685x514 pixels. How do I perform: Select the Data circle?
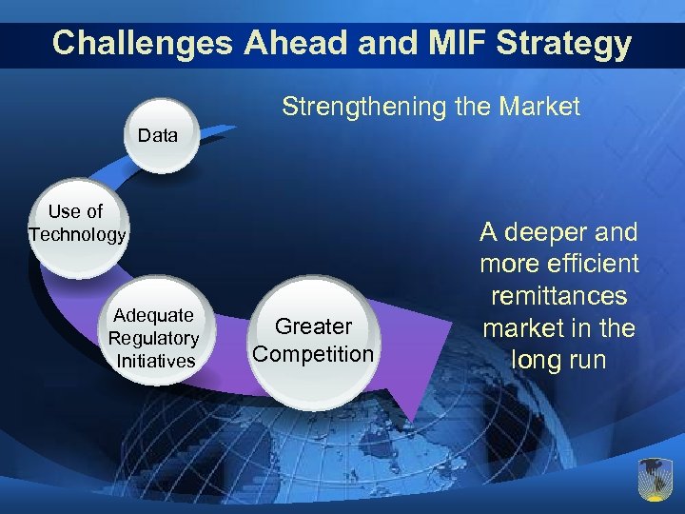158,136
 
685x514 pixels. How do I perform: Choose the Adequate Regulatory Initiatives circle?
154,338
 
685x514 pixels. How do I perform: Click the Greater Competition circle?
313,340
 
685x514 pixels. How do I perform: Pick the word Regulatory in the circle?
153,338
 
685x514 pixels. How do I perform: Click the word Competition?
313,354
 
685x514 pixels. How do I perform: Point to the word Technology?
77,235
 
